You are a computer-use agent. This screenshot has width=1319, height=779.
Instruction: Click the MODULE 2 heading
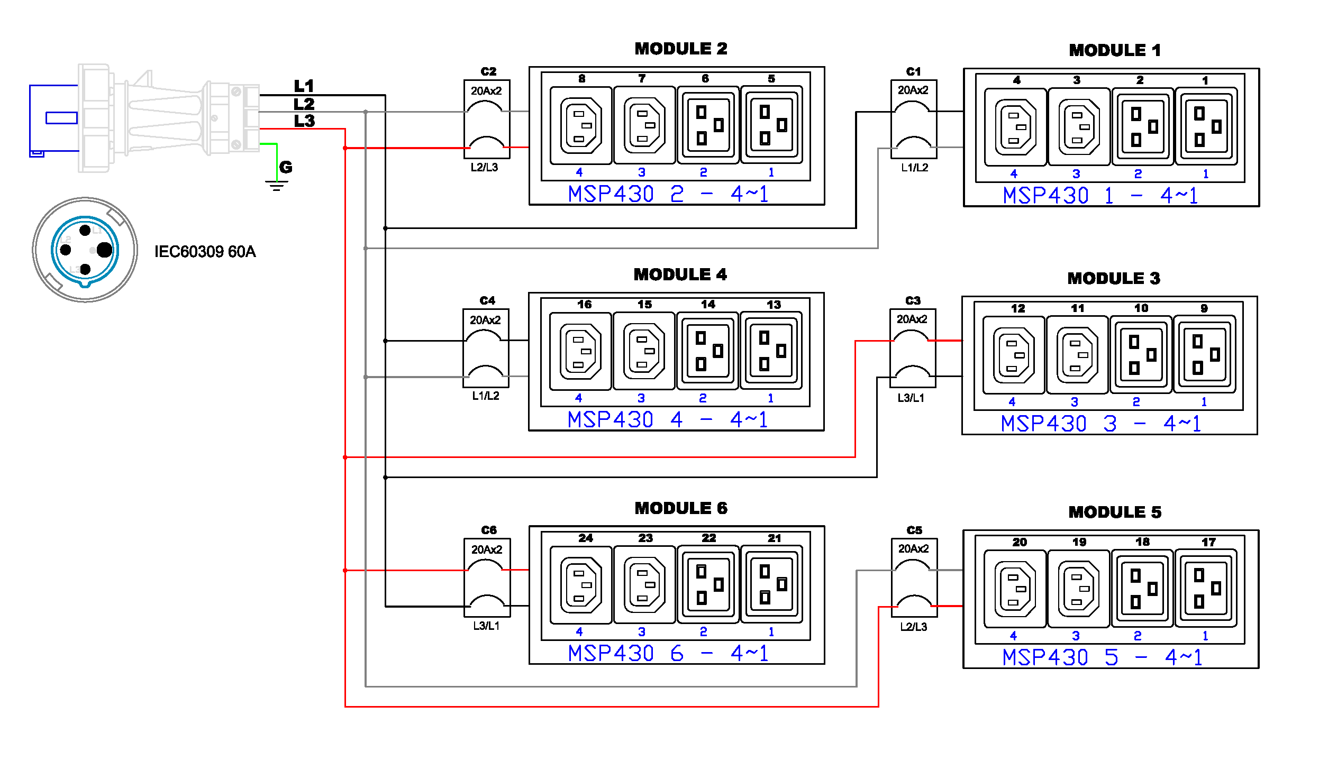click(x=680, y=49)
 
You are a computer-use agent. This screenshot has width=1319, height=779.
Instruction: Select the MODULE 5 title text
click(x=1114, y=512)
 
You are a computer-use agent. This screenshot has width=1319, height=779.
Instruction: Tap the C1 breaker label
click(x=913, y=71)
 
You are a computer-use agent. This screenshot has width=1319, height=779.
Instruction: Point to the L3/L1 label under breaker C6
click(x=486, y=626)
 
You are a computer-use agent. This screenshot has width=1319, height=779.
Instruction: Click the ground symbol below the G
click(x=276, y=185)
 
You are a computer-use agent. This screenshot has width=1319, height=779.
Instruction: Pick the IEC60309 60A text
click(x=205, y=251)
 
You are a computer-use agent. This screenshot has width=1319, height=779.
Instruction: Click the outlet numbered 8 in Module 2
click(x=581, y=125)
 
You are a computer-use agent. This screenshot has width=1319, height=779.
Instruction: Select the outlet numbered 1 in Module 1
click(x=1206, y=127)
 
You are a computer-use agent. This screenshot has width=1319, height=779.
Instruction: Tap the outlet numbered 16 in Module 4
click(x=580, y=351)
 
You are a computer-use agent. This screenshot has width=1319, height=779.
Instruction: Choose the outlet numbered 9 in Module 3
click(x=1204, y=354)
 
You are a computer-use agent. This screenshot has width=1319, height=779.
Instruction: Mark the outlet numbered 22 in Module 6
click(x=708, y=585)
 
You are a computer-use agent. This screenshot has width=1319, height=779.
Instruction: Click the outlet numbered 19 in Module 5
click(x=1079, y=588)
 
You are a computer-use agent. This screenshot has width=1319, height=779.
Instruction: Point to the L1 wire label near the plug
click(x=304, y=86)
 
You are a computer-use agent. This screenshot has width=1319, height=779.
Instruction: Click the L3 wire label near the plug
click(x=304, y=121)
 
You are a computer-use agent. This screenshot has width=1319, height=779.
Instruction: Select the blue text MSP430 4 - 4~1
click(x=667, y=420)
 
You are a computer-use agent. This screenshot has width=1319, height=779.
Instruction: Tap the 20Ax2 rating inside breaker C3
click(x=912, y=319)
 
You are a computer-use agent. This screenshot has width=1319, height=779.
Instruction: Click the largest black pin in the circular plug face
click(x=105, y=250)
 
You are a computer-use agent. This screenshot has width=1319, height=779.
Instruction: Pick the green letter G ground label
click(x=286, y=167)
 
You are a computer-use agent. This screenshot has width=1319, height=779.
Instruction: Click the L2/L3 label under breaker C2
click(x=484, y=167)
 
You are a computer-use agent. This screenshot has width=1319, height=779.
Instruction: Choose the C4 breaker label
click(x=487, y=300)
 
